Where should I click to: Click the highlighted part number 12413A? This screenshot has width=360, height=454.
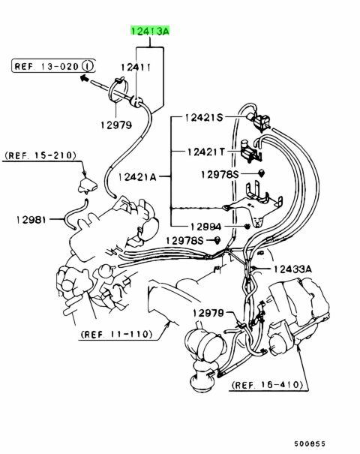click(150, 31)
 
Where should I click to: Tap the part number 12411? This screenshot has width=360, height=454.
click(136, 68)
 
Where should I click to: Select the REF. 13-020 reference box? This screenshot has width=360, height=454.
click(53, 66)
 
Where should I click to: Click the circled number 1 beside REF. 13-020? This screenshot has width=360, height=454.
click(88, 66)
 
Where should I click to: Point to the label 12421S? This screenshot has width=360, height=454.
click(204, 118)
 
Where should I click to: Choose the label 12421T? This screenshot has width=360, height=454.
click(205, 152)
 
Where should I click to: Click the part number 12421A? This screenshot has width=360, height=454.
click(137, 176)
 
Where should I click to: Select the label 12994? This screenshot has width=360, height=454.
click(205, 227)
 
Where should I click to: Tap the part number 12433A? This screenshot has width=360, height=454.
click(292, 269)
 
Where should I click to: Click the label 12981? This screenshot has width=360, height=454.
click(31, 219)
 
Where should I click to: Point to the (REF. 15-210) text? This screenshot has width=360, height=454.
click(40, 155)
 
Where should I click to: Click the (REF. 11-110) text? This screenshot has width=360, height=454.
click(116, 335)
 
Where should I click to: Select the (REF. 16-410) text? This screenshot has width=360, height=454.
click(267, 385)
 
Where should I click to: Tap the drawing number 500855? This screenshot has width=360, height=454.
click(310, 443)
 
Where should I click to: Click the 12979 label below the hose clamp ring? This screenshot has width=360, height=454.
click(116, 125)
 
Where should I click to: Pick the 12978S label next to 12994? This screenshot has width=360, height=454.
click(185, 240)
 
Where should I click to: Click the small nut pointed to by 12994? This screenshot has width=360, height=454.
click(247, 226)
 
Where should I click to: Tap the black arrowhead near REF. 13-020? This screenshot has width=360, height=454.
click(84, 77)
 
